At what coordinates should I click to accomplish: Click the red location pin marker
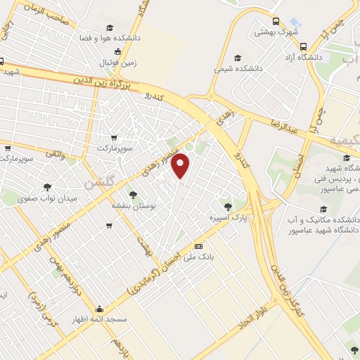click(181, 166)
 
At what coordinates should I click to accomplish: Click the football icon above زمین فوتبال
click(118, 51)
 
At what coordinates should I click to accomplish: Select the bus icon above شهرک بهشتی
click(276, 21)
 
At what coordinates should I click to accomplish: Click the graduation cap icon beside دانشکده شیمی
click(237, 58)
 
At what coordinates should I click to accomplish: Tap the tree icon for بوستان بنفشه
click(132, 195)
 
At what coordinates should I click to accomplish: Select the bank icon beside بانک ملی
click(198, 246)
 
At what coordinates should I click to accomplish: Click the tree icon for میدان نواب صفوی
click(47, 188)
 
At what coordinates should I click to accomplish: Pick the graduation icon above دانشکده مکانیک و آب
click(323, 209)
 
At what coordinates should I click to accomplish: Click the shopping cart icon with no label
click(109, 226)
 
